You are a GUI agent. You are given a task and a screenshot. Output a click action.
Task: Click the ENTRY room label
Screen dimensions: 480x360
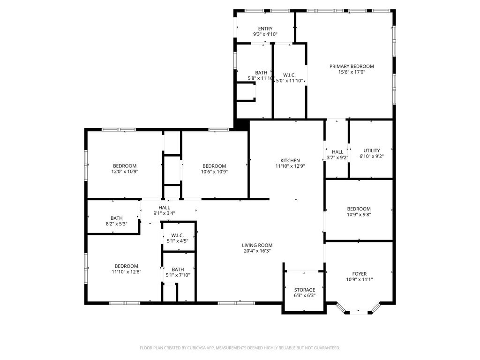pos(265,29)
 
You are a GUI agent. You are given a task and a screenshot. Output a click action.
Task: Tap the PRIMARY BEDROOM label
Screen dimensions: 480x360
pos(352,67)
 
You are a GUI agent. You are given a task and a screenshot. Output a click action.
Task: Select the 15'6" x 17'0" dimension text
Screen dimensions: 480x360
pos(352,72)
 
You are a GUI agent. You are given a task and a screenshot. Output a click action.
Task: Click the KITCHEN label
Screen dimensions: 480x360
pos(290,161)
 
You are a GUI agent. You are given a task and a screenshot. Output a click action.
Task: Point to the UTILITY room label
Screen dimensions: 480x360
pos(371,150)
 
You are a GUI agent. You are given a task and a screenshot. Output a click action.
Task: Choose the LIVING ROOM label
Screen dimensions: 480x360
pos(257,245)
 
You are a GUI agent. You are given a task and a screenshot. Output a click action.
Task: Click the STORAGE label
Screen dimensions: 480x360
pos(305,290)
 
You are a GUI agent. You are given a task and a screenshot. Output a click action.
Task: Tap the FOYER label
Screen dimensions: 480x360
pos(360,274)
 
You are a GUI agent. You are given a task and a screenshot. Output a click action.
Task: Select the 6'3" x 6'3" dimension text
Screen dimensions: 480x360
pos(305,296)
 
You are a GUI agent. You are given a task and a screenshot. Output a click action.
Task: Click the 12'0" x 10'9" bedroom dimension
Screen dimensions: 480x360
pos(125,172)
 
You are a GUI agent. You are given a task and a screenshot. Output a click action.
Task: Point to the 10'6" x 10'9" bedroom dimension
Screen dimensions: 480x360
pos(214,172)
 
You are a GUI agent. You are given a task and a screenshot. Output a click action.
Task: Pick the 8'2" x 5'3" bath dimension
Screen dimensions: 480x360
pos(117,224)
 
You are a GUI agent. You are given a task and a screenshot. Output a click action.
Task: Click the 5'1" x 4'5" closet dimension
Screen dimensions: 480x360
pos(178,241)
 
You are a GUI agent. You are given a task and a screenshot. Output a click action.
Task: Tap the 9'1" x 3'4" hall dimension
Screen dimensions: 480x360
pos(165,213)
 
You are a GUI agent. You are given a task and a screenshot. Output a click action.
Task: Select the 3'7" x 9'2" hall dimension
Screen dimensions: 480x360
pos(337,157)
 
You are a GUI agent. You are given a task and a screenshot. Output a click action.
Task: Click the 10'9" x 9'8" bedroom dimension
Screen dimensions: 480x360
pos(359,215)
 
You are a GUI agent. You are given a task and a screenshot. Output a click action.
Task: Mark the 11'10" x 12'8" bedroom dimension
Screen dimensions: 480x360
pos(127,272)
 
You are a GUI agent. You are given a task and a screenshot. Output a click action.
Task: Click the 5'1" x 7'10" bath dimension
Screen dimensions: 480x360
pos(178,275)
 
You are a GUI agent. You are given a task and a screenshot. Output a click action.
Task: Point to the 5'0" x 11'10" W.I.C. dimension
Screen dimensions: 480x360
pos(289,81)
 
